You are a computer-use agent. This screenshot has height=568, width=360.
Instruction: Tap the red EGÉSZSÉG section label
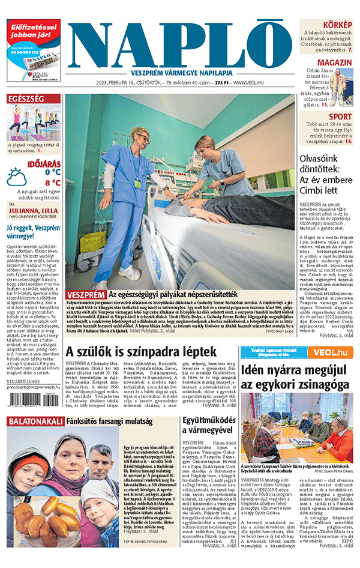tap(25, 98)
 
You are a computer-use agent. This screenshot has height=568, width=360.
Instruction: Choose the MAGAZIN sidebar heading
tap(334, 62)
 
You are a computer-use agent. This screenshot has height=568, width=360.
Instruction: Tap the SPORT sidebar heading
tap(340, 116)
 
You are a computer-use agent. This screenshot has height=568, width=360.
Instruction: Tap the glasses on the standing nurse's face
tap(145, 137)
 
